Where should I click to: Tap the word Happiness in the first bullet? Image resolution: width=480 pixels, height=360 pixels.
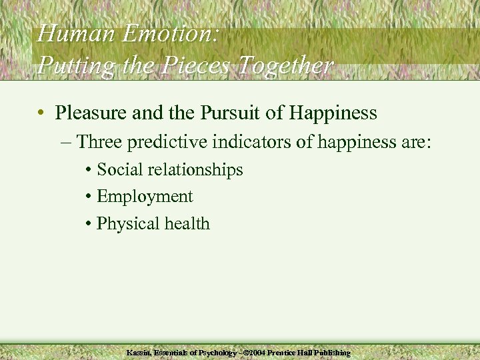tap(337, 113)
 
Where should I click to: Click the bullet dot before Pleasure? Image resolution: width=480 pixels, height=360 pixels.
tap(42, 113)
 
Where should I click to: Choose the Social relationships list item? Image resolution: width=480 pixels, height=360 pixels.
tap(169, 170)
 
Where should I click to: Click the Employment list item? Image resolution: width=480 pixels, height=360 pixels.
tap(144, 197)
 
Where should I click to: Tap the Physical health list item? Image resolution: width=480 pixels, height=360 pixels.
tap(153, 223)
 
